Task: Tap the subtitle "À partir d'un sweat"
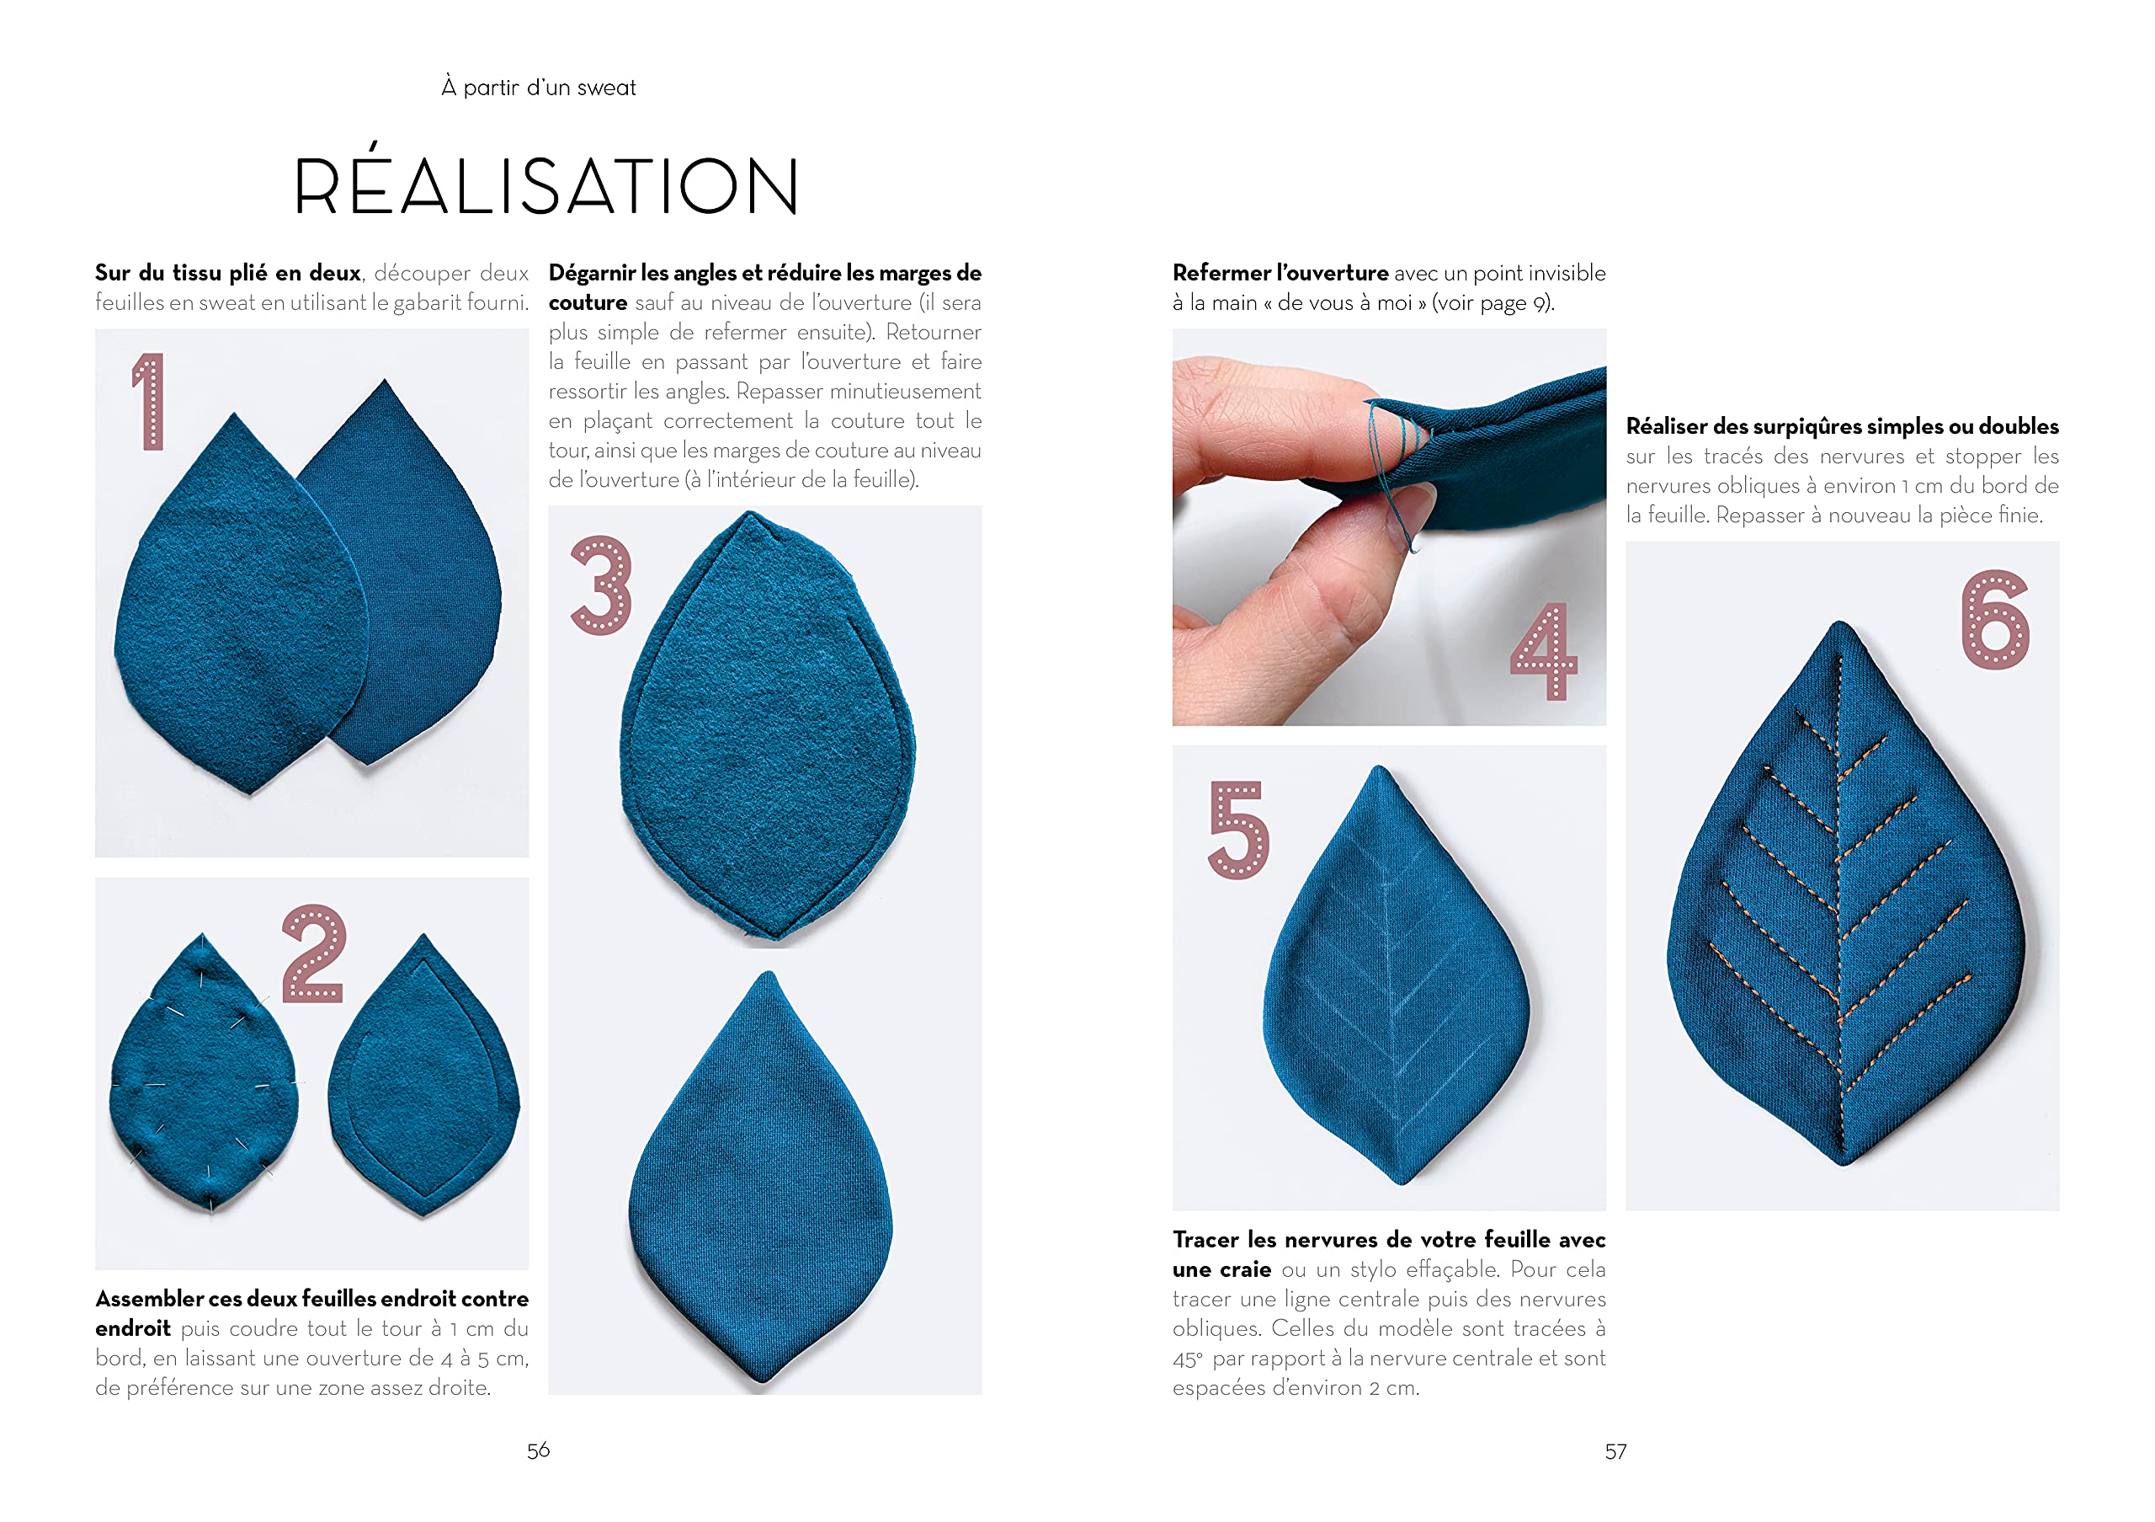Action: click(539, 88)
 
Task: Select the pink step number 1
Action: click(149, 402)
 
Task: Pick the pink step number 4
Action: click(1544, 651)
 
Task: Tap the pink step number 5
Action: click(1239, 830)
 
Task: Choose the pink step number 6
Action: click(1995, 620)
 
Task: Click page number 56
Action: click(539, 1450)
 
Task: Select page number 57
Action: click(1615, 1451)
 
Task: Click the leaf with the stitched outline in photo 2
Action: click(423, 1075)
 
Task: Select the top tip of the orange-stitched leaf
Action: click(1842, 622)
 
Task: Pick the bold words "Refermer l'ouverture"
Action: click(1280, 273)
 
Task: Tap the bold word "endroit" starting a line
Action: click(132, 1328)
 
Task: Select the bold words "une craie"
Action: click(1221, 1269)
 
